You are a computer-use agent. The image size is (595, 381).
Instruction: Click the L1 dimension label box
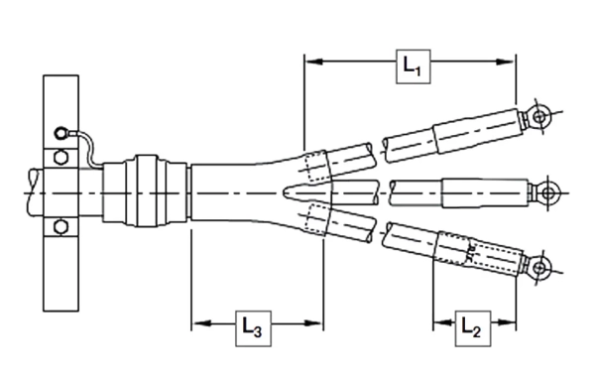point(410,66)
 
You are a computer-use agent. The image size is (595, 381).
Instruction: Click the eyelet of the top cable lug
point(538,116)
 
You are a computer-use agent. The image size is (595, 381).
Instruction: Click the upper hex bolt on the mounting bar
point(58,156)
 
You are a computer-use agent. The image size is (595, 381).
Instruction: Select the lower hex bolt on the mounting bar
point(58,225)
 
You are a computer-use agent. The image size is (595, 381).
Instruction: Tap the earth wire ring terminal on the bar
point(61,131)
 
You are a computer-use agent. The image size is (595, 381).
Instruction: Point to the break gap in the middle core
point(388,190)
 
